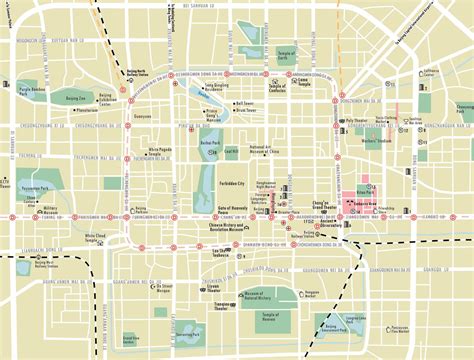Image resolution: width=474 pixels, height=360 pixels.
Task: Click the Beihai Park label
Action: pos(209,144)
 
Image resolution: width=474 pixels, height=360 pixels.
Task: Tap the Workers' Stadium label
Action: pos(376,140)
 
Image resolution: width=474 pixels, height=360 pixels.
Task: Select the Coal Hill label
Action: pos(231,151)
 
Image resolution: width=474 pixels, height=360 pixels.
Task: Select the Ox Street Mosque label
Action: pos(138,286)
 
